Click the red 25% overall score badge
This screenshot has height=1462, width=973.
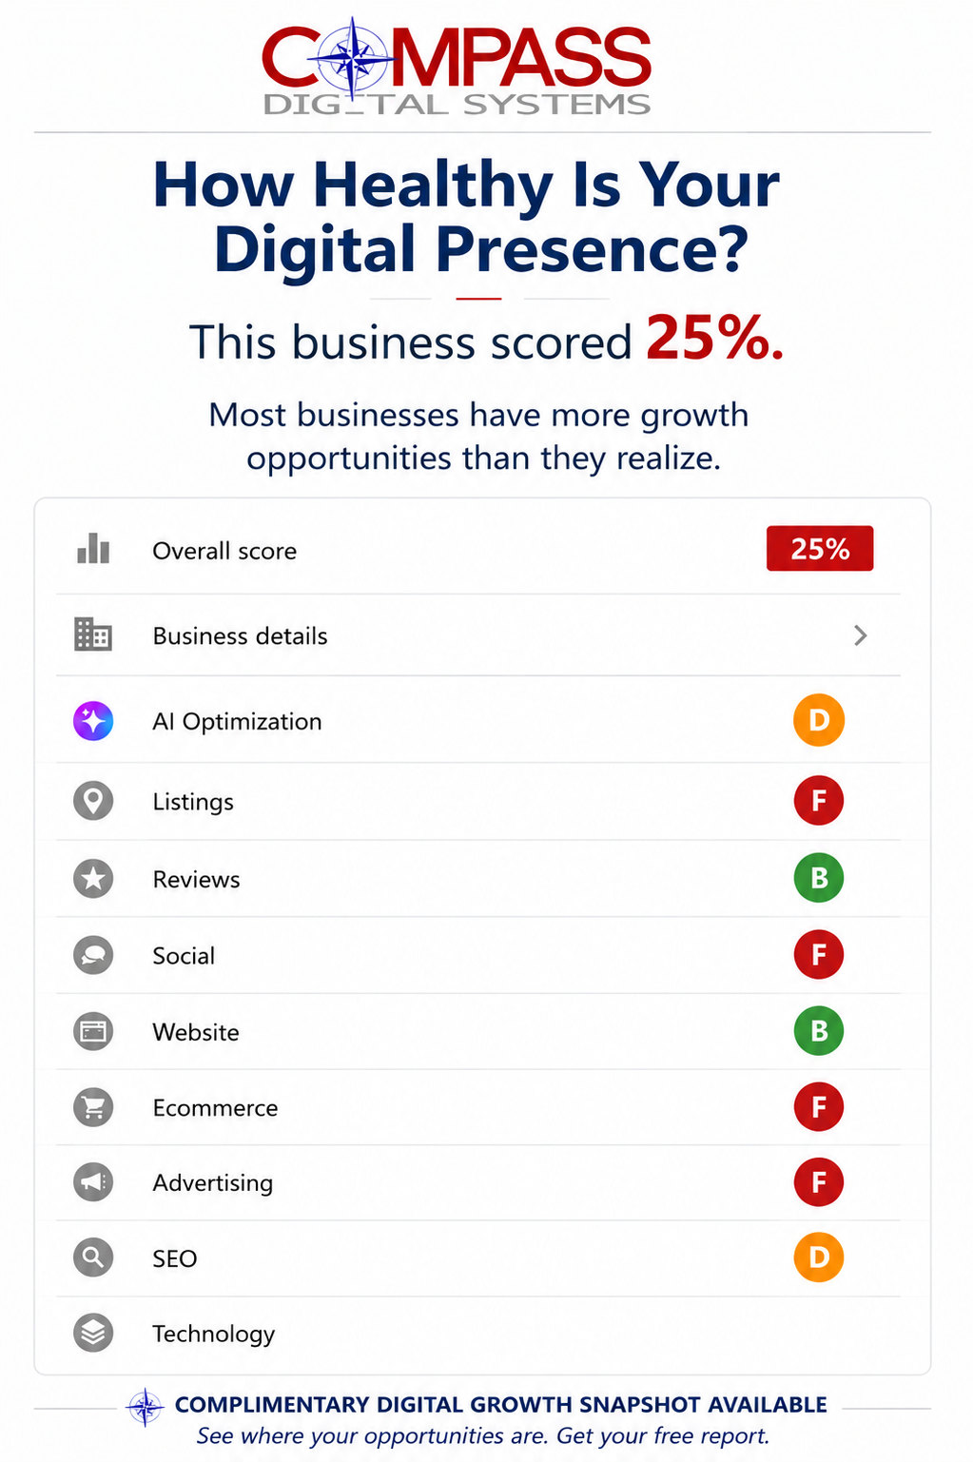click(x=820, y=548)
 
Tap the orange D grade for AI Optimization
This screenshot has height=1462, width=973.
click(x=819, y=720)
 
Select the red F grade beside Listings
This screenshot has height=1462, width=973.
click(x=819, y=800)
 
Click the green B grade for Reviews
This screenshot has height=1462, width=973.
click(x=819, y=878)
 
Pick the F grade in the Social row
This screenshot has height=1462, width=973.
click(x=819, y=954)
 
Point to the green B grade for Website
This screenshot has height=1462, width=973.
click(x=819, y=1031)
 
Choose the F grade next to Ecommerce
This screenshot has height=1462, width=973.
click(x=819, y=1106)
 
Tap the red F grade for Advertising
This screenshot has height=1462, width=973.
click(x=819, y=1182)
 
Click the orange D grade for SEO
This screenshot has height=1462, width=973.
click(x=819, y=1257)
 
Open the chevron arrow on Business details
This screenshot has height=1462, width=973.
click(x=861, y=635)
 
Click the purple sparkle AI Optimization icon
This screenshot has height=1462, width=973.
click(x=93, y=721)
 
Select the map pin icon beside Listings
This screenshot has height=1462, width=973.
click(x=93, y=801)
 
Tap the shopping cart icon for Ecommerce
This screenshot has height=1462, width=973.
click(x=93, y=1107)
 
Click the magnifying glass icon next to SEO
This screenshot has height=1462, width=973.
click(x=93, y=1257)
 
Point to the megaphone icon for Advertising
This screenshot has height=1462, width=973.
click(x=93, y=1182)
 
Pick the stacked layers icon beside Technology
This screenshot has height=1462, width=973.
click(x=93, y=1333)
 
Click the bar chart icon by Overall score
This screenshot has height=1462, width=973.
click(x=93, y=548)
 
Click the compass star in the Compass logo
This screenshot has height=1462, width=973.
click(x=353, y=59)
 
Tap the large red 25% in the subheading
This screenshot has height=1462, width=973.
click(x=714, y=339)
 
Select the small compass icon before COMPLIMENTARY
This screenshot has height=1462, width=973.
click(x=146, y=1407)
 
